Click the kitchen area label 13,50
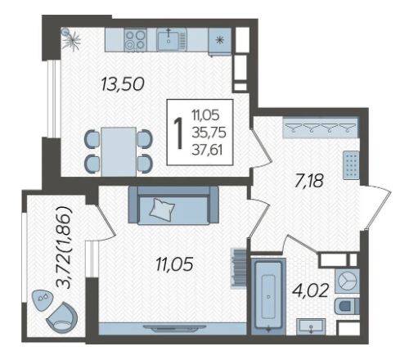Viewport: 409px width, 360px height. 123,84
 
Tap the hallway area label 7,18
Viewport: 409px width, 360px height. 309,180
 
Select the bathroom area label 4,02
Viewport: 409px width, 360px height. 310,290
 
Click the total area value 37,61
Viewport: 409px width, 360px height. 207,150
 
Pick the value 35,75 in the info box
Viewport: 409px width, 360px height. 209,133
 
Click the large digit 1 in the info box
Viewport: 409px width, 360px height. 178,133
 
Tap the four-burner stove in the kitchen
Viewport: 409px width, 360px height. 135,40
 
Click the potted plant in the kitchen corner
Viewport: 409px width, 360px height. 70,40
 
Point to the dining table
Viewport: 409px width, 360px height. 119,151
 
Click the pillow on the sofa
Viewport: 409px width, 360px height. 163,209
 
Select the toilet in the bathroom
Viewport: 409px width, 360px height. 346,306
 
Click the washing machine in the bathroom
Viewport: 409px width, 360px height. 347,281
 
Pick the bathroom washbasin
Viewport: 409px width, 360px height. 311,326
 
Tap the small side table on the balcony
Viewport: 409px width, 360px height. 43,299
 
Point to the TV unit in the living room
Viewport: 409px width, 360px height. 173,328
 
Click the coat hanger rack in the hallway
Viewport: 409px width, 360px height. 320,128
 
